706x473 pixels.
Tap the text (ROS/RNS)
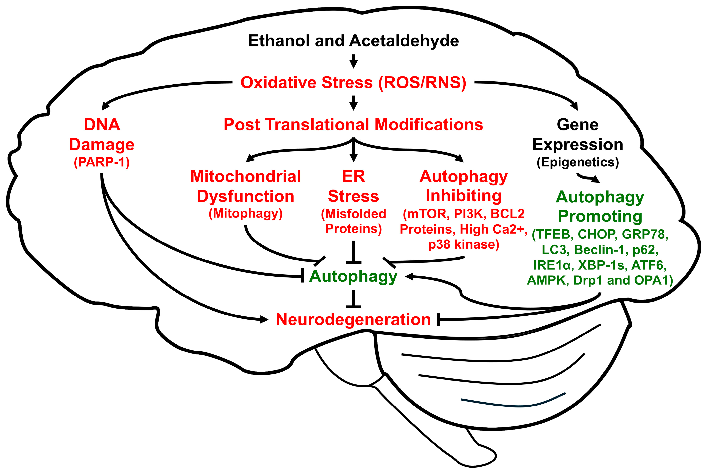click(422, 82)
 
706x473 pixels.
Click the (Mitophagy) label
click(246, 213)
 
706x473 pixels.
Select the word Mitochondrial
click(246, 176)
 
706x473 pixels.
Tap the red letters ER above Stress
click(353, 176)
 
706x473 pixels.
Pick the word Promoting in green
click(600, 216)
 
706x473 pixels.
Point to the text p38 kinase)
click(464, 244)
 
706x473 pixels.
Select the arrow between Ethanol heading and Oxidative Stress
click(353, 61)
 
